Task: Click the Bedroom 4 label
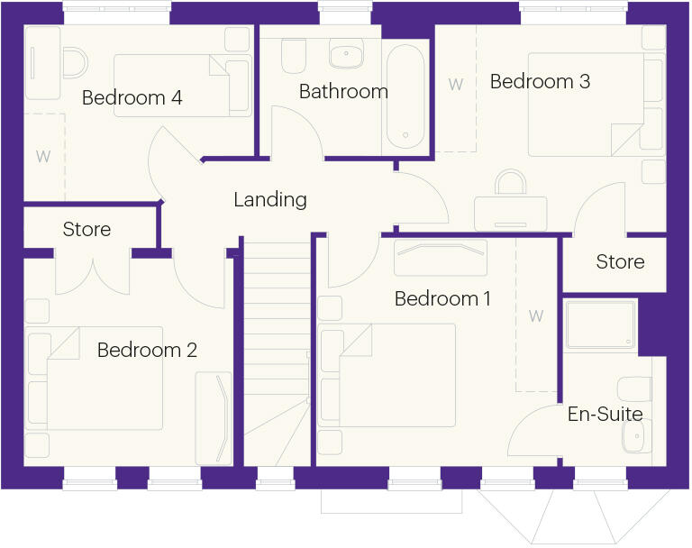[132, 97]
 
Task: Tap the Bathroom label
[343, 91]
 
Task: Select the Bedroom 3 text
[540, 81]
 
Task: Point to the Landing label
[270, 199]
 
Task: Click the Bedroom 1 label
[442, 298]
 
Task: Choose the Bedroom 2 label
[147, 350]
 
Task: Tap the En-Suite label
[605, 414]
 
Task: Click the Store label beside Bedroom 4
[86, 230]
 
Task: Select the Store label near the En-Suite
[620, 261]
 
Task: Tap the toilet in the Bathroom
[294, 58]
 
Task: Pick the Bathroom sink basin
[346, 56]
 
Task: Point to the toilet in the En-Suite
[636, 389]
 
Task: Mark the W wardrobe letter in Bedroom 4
[42, 156]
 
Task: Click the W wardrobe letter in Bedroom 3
[456, 84]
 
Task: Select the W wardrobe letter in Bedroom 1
[536, 315]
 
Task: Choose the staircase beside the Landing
[274, 352]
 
